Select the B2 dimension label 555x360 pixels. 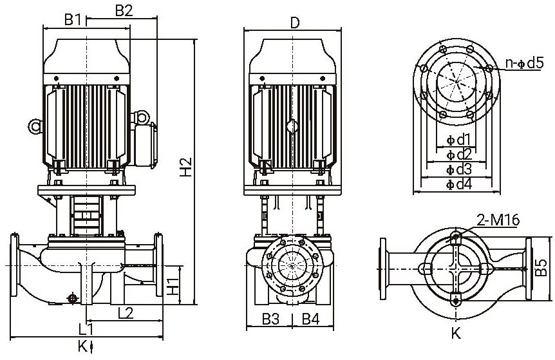pyautogui.click(x=124, y=10)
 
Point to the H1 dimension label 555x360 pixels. pyautogui.click(x=172, y=286)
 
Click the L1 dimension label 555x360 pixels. pyautogui.click(x=77, y=328)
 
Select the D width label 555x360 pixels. pyautogui.click(x=295, y=23)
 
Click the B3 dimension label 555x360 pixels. pyautogui.click(x=270, y=317)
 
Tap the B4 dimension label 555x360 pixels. pyautogui.click(x=310, y=317)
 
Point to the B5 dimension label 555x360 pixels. pyautogui.click(x=541, y=267)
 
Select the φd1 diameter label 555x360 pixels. pyautogui.click(x=459, y=140)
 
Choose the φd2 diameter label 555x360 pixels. pyautogui.click(x=459, y=155)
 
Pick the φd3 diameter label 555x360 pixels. pyautogui.click(x=459, y=169)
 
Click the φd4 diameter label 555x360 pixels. pyautogui.click(x=459, y=185)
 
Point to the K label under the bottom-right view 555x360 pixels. pyautogui.click(x=456, y=334)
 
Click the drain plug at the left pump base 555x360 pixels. pyautogui.click(x=72, y=298)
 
